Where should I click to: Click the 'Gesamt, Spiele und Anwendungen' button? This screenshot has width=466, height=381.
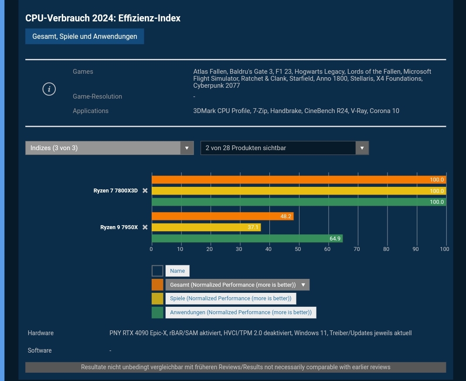[85, 36]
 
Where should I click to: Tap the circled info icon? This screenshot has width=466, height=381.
[49, 89]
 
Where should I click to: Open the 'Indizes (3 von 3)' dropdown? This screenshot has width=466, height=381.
[109, 148]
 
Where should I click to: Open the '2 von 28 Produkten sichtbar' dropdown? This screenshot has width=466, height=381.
[285, 148]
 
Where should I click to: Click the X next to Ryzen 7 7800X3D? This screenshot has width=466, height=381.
[145, 191]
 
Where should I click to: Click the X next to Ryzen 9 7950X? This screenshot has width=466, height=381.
[145, 227]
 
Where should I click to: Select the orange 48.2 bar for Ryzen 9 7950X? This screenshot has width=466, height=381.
[222, 216]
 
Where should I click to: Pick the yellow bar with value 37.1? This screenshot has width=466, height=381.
[206, 227]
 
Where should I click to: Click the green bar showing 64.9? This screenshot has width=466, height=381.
[247, 238]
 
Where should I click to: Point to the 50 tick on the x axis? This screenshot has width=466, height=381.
[298, 249]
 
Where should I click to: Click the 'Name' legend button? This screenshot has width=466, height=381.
[177, 271]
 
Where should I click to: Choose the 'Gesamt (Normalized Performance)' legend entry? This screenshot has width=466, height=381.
[237, 285]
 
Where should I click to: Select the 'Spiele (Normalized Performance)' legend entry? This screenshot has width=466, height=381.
[231, 299]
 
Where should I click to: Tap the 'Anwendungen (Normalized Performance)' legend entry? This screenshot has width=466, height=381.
[241, 312]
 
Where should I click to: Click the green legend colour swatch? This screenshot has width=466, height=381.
[157, 312]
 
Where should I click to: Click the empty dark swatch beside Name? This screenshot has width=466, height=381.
[157, 271]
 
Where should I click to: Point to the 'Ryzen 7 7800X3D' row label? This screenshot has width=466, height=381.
[116, 191]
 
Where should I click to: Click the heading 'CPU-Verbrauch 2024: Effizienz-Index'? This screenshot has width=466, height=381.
[103, 18]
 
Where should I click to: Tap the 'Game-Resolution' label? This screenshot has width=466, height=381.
[97, 96]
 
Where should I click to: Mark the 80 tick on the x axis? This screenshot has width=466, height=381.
[386, 249]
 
